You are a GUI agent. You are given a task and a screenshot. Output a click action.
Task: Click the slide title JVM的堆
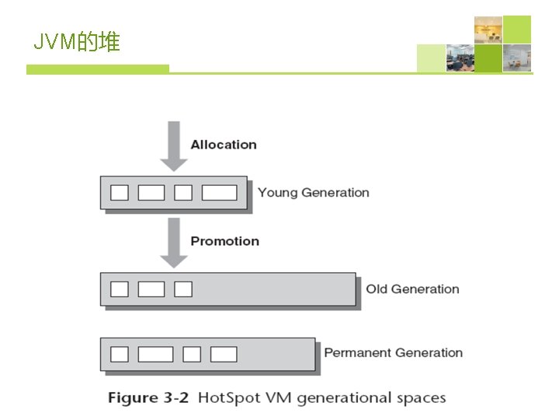pyautogui.click(x=76, y=42)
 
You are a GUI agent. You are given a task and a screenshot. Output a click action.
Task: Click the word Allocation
pyautogui.click(x=224, y=145)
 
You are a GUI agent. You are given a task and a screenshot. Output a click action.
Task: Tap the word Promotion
pyautogui.click(x=225, y=241)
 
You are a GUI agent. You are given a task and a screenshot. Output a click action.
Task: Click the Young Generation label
pyautogui.click(x=313, y=193)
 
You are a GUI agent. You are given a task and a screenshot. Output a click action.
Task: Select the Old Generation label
pyautogui.click(x=412, y=289)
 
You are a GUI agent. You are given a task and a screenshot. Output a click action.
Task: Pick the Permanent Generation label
pyautogui.click(x=393, y=353)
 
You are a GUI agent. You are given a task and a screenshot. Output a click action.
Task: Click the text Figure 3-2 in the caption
pyautogui.click(x=148, y=398)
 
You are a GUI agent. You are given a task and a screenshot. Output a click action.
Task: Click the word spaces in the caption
pyautogui.click(x=422, y=398)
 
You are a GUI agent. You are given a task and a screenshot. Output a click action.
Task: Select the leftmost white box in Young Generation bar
pyautogui.click(x=120, y=192)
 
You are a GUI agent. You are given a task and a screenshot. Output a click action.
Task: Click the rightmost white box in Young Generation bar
pyautogui.click(x=219, y=192)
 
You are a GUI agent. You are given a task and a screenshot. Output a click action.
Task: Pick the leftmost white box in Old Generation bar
pyautogui.click(x=120, y=289)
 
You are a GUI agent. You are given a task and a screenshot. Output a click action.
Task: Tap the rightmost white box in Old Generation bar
pyautogui.click(x=183, y=289)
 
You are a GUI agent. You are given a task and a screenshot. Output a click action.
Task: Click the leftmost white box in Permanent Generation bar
pyautogui.click(x=120, y=354)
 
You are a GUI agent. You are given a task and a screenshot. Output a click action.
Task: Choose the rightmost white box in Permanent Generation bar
pyautogui.click(x=224, y=354)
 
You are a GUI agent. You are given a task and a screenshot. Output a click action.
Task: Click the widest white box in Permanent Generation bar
pyautogui.click(x=155, y=354)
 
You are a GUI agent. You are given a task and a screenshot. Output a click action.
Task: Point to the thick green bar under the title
pyautogui.click(x=98, y=69)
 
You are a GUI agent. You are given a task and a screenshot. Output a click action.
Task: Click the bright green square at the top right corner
pyautogui.click(x=517, y=30)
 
